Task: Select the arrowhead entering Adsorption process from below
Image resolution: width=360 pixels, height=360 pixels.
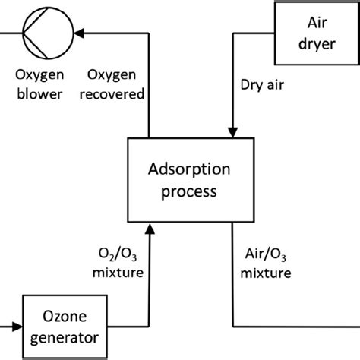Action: click(x=151, y=226)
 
